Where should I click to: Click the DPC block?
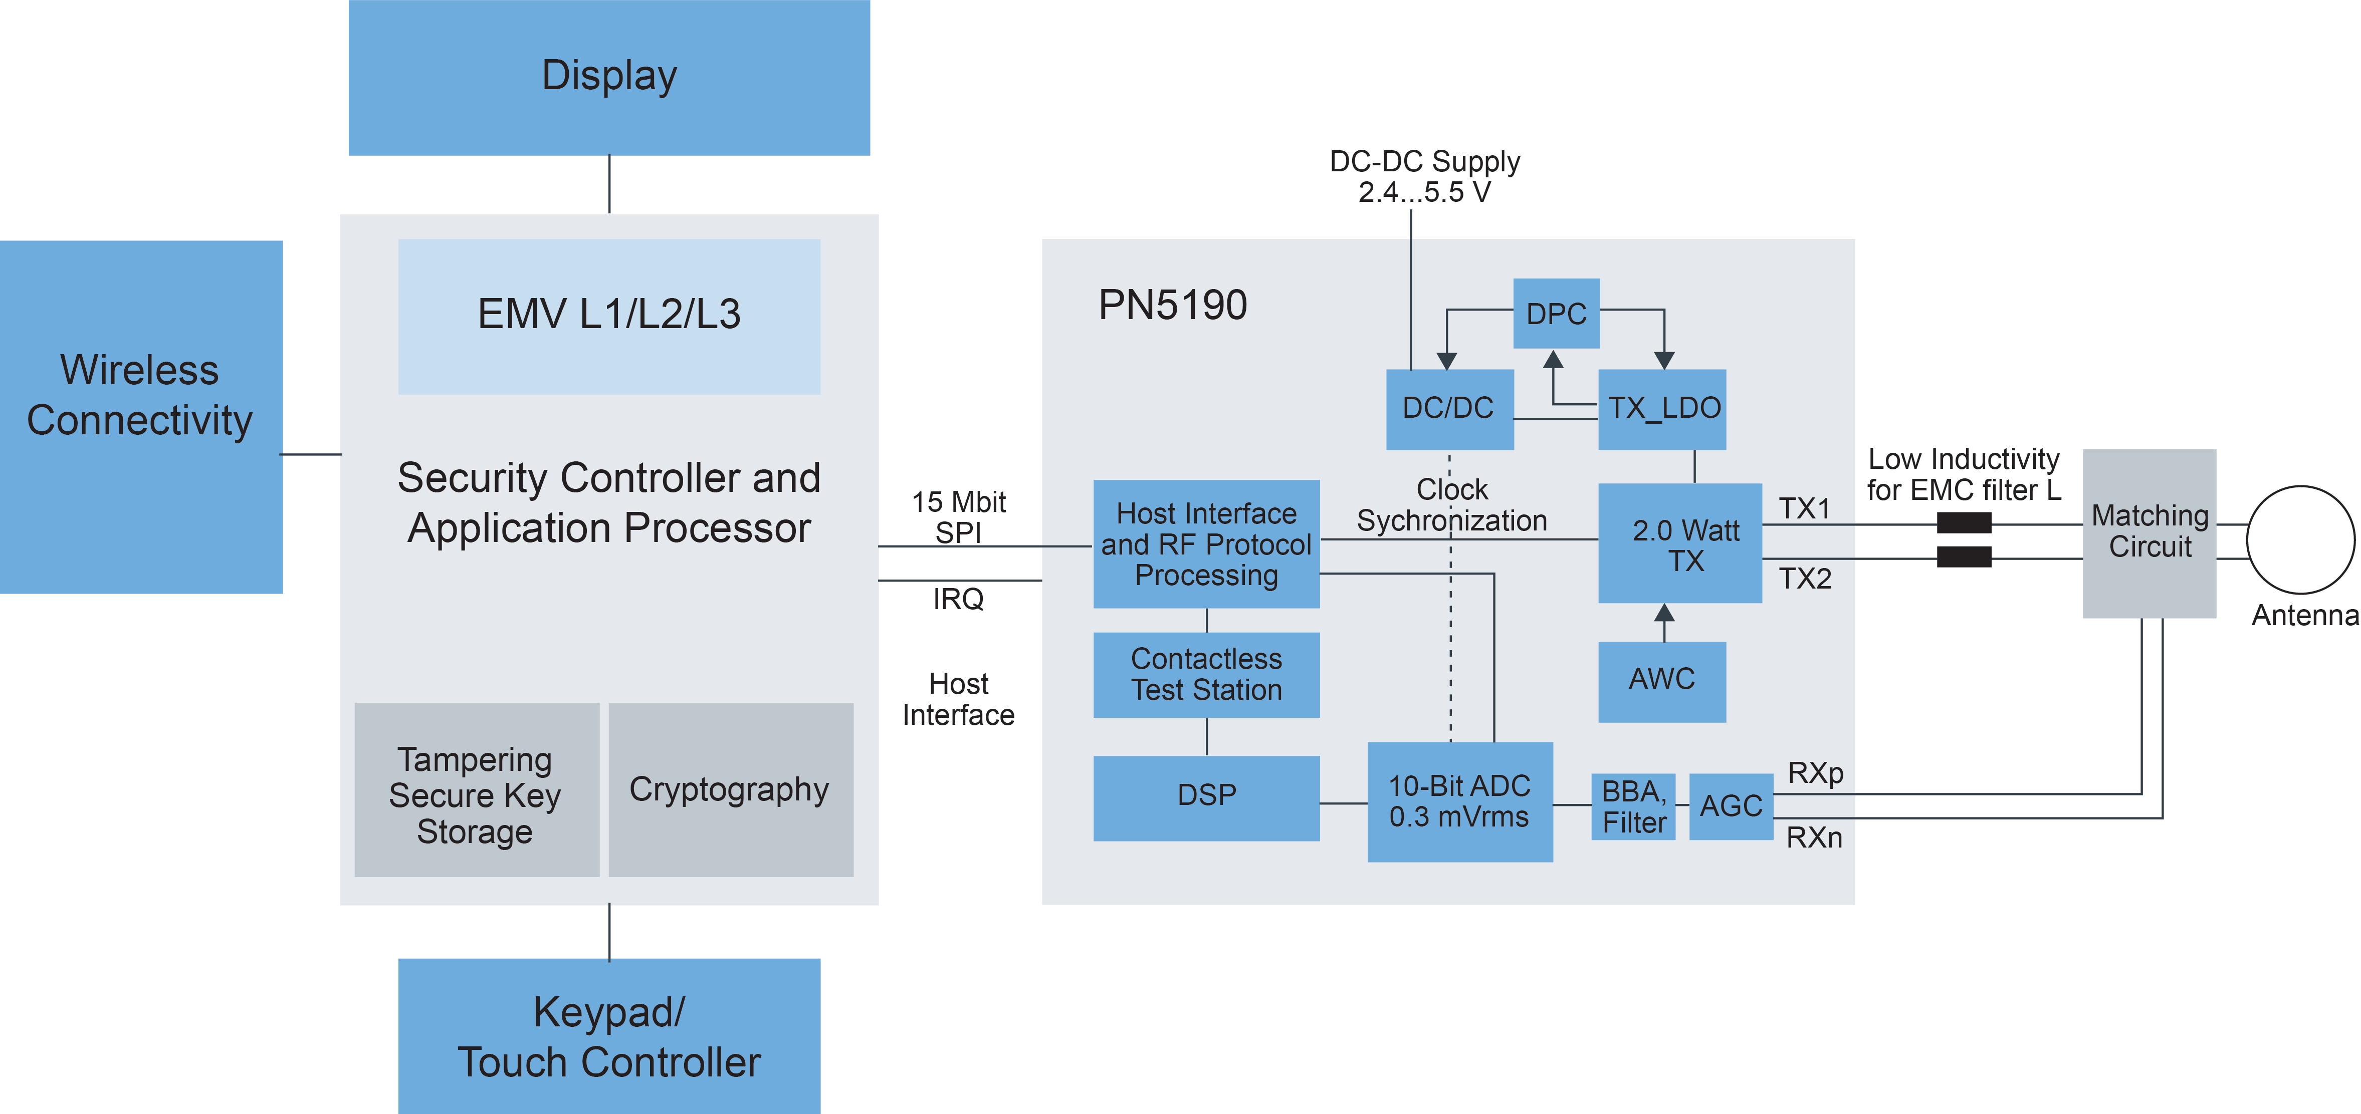tap(1555, 314)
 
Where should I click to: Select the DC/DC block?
tap(1448, 409)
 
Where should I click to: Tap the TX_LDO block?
tap(1662, 409)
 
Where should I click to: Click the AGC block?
tap(1731, 806)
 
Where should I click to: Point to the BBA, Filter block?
tap(1633, 806)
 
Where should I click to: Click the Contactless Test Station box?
tap(1206, 674)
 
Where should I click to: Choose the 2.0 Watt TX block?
tap(1679, 543)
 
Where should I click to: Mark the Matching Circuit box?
tap(2150, 532)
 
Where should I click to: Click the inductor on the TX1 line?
tap(1963, 523)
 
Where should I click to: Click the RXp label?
tap(1815, 773)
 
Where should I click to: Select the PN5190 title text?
tap(1172, 305)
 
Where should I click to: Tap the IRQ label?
tap(958, 599)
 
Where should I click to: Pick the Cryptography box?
tap(730, 790)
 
